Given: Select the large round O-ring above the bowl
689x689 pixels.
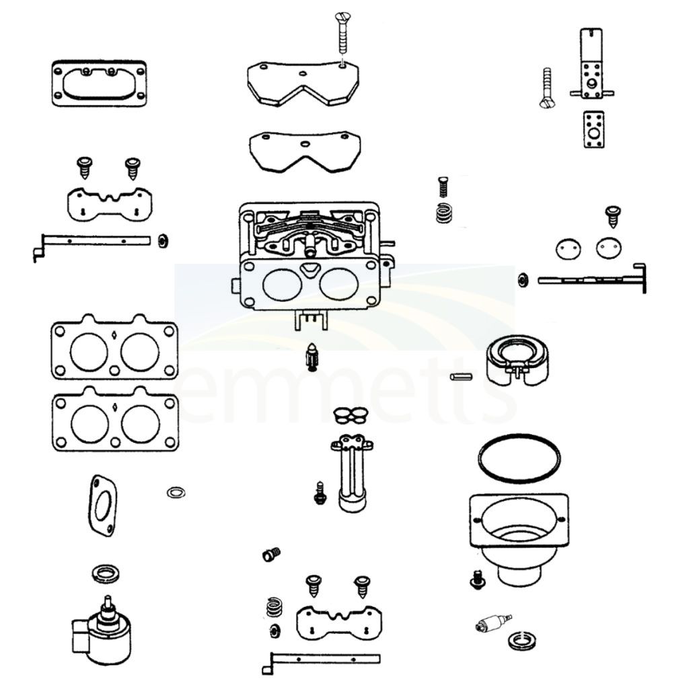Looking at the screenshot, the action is (519, 458).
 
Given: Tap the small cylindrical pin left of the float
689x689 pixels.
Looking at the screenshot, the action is (462, 377).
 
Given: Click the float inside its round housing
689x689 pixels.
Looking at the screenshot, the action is (517, 361).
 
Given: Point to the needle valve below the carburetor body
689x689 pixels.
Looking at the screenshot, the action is (312, 357).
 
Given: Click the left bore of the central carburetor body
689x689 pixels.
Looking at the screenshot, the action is (282, 285).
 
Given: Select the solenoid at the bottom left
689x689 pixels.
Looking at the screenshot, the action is (102, 629).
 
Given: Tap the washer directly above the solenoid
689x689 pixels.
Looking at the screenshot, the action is (106, 573).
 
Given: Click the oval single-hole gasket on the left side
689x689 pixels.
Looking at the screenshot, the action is (103, 506).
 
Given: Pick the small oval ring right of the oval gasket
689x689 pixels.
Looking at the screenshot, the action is (176, 492).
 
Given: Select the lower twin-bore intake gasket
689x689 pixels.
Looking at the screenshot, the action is (115, 419).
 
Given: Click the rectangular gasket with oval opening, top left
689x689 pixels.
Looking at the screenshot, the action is (100, 83).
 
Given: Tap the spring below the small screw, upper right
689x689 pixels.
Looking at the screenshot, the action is (444, 213).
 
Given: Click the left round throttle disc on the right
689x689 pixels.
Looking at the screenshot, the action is (568, 249).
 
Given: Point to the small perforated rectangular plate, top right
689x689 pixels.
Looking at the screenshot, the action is (593, 129).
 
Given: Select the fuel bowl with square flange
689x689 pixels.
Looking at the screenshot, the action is (519, 539).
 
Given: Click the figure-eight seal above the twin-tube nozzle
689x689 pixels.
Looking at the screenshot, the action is (351, 415).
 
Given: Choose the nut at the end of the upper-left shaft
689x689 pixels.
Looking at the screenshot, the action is (163, 241).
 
